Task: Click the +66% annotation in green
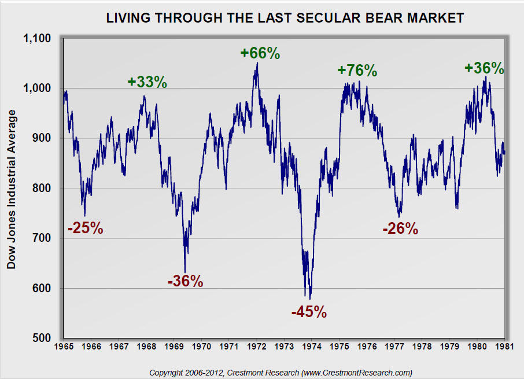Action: coord(260,53)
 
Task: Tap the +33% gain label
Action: coord(147,82)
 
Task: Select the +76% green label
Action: coord(357,71)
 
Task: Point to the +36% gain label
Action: coord(484,68)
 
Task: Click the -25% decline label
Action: coord(85,229)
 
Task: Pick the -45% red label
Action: coord(309,312)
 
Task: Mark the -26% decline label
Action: coord(400,229)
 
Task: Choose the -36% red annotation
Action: coord(185,282)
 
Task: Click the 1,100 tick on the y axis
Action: coord(37,39)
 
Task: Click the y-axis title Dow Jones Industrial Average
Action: coord(11,189)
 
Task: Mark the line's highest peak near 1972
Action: coord(257,62)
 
